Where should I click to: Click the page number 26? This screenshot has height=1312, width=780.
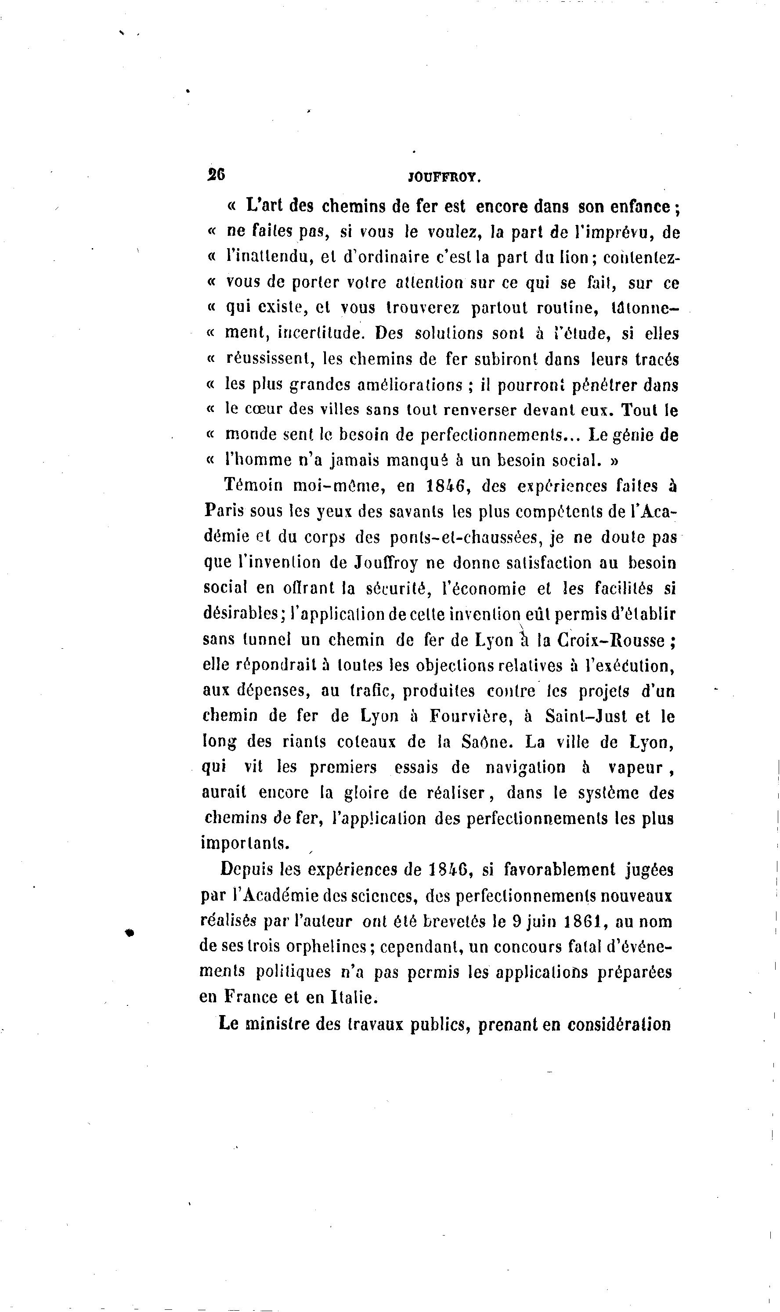[216, 174]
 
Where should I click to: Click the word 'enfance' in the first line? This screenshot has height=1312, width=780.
[639, 206]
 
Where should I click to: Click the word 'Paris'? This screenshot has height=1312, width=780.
[224, 511]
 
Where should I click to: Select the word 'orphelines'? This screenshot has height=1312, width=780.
[318, 947]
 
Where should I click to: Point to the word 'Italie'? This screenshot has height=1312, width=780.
[353, 997]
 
